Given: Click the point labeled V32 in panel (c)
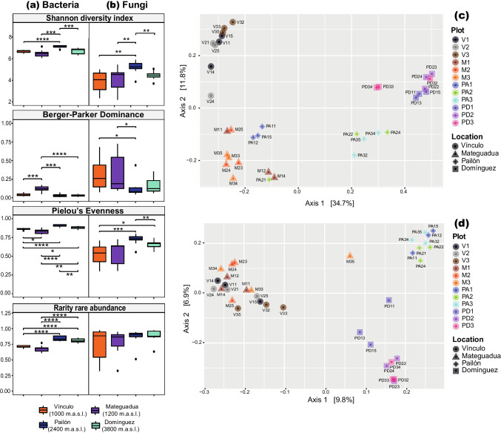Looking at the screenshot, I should click(x=232, y=23).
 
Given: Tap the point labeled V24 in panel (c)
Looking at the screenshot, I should click(x=211, y=96).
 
